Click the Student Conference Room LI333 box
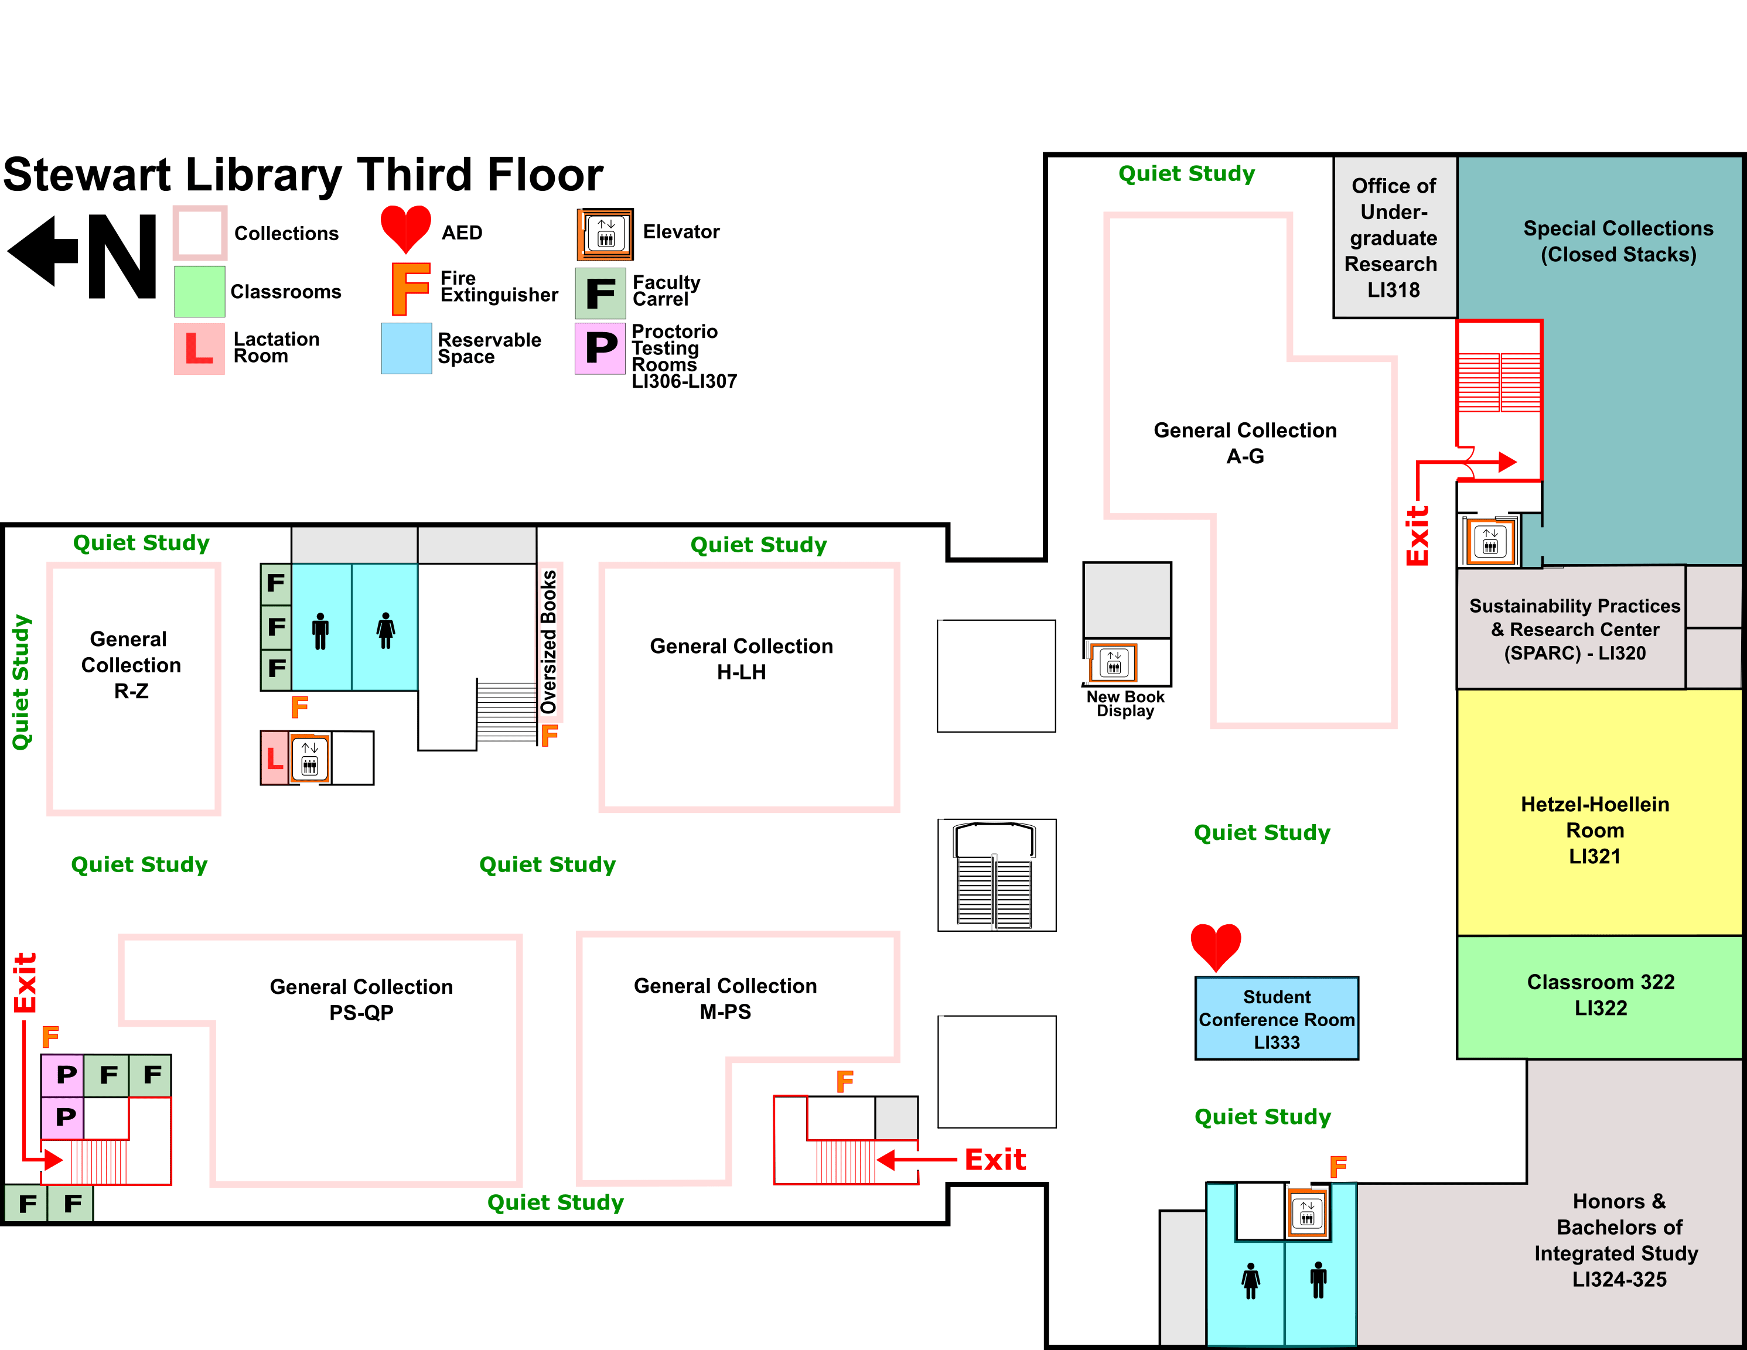pyautogui.click(x=1277, y=1019)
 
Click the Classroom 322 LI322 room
pyautogui.click(x=1600, y=995)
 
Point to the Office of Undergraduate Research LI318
pyautogui.click(x=1393, y=238)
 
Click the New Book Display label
pyautogui.click(x=1125, y=704)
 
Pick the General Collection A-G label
pyautogui.click(x=1245, y=443)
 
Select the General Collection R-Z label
pyautogui.click(x=131, y=665)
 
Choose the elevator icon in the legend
pyautogui.click(x=606, y=234)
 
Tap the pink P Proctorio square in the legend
pyautogui.click(x=600, y=348)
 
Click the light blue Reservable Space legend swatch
pyautogui.click(x=407, y=348)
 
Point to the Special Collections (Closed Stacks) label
pyautogui.click(x=1618, y=241)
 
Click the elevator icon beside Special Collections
pyautogui.click(x=1489, y=541)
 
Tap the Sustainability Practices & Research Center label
pyautogui.click(x=1574, y=630)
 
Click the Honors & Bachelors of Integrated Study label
pyautogui.click(x=1618, y=1240)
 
